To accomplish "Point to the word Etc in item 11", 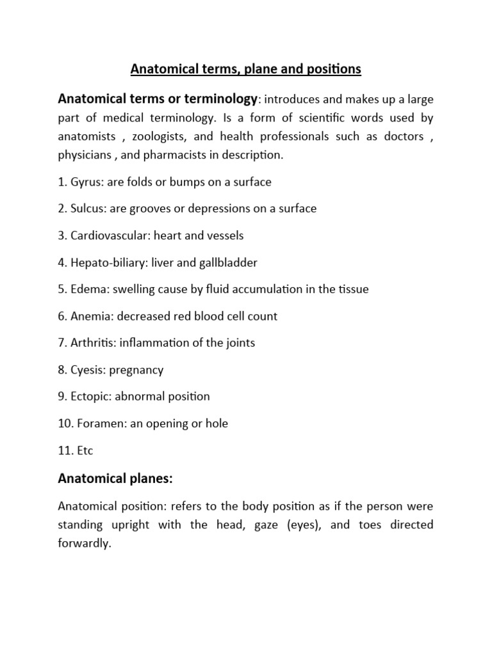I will [85, 451].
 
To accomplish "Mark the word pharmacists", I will [178, 155].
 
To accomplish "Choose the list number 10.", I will [64, 424].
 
